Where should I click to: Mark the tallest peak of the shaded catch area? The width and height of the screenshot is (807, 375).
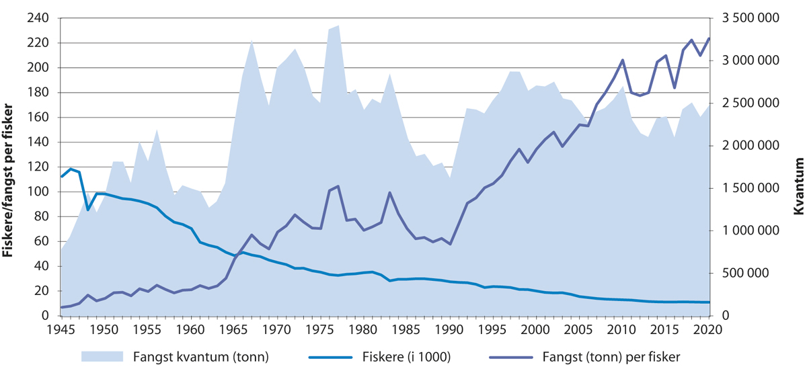point(338,26)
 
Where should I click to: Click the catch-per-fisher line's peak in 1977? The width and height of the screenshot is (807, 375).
point(338,186)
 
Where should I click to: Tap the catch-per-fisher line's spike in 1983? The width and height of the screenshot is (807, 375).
point(389,193)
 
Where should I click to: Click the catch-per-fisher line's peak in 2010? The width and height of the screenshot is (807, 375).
point(622,60)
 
